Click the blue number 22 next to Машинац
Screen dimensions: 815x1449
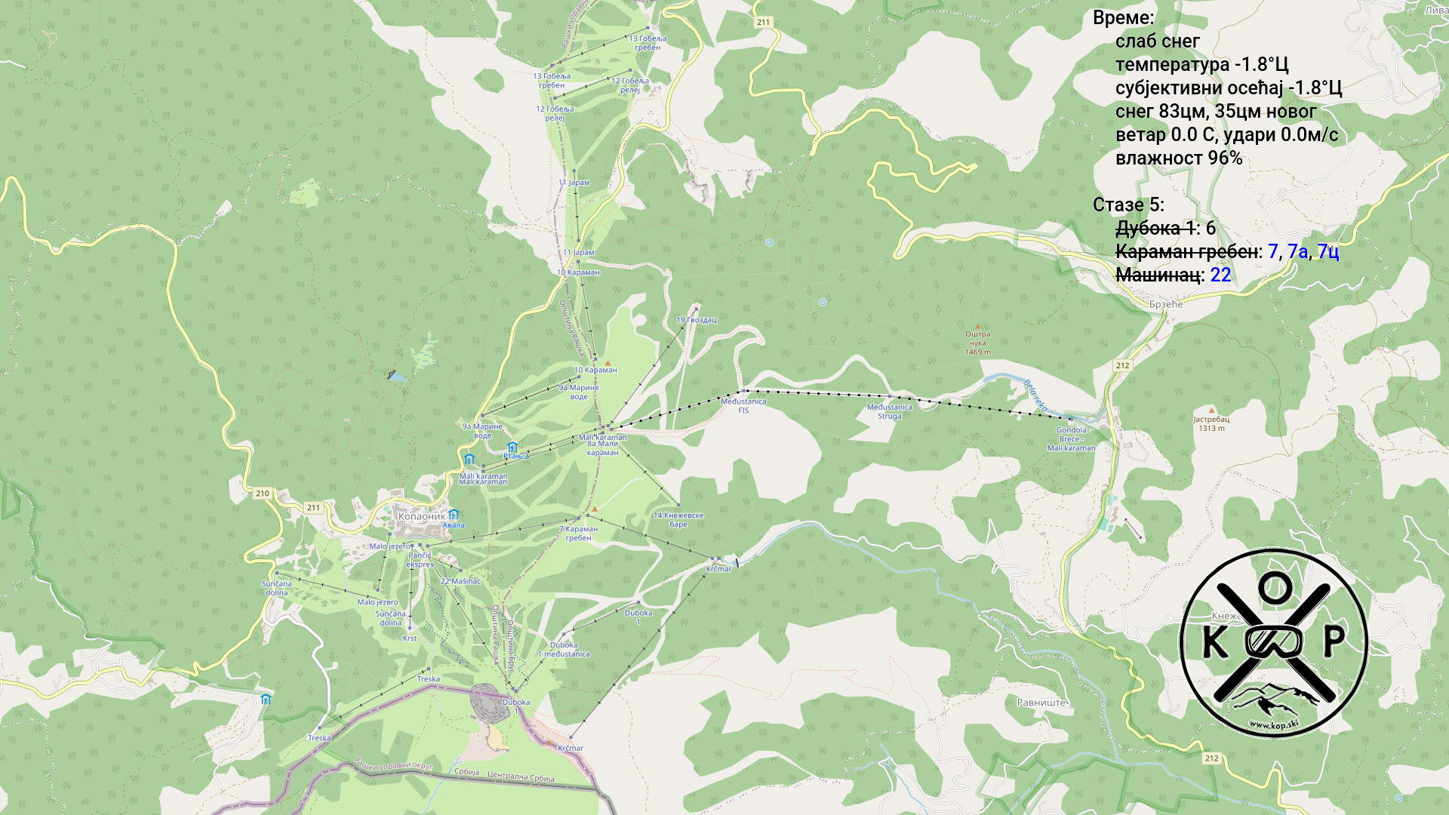(1220, 275)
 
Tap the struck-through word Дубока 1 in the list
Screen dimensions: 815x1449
(1155, 228)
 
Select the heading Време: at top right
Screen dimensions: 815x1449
(1123, 18)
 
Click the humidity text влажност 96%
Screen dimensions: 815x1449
(1178, 158)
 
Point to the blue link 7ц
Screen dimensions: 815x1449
(1327, 251)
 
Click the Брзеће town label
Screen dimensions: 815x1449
(1166, 304)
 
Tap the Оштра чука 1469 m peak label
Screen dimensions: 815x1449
(977, 343)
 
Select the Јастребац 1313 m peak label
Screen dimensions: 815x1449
(1211, 423)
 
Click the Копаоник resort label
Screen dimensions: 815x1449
(421, 516)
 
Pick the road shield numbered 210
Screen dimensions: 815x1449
(262, 494)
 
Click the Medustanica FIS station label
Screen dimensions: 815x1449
(743, 406)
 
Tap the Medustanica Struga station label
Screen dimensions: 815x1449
(889, 411)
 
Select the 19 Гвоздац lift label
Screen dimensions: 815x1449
(696, 320)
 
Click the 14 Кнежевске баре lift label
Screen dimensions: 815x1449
(678, 520)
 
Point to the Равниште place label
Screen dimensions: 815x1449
(1041, 703)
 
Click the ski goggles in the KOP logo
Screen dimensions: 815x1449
(1274, 641)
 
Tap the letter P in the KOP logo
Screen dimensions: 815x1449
(1334, 642)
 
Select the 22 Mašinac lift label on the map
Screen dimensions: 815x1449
(460, 582)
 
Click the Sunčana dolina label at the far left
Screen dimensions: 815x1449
(276, 588)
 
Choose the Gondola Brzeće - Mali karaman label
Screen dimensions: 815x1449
(1071, 439)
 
